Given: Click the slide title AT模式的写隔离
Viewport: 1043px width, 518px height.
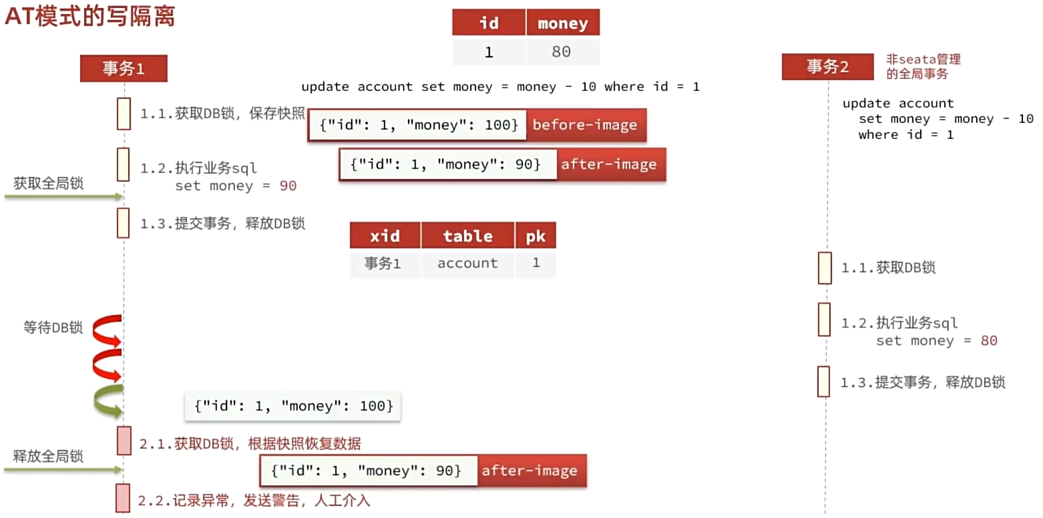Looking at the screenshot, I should point(89,16).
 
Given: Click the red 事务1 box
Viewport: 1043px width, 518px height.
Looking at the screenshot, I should point(124,68).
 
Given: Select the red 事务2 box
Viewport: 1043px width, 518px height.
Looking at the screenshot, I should point(827,67).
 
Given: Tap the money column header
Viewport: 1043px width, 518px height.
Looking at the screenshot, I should point(562,23).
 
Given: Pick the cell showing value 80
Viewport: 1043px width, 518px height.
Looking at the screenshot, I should point(562,52).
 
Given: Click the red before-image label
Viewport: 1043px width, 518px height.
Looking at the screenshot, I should point(585,125).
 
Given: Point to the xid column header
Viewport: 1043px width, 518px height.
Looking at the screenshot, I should point(385,236).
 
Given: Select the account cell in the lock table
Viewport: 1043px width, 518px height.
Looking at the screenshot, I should point(467,264).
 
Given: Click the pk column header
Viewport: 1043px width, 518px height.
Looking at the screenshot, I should point(536,236).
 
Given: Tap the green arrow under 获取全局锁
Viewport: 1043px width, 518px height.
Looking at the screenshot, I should point(64,197).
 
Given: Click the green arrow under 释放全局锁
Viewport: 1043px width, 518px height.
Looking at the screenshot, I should point(64,471).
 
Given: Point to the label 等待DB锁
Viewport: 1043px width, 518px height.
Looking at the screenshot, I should point(53,328).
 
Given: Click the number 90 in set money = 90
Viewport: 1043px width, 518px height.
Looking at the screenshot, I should point(288,186).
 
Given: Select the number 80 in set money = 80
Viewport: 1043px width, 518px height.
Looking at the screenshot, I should point(989,341).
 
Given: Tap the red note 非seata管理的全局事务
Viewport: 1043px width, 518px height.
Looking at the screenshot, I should point(923,67).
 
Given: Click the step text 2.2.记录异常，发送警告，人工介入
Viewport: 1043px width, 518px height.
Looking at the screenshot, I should point(254,501).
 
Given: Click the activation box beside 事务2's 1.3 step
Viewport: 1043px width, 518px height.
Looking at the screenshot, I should point(824,381).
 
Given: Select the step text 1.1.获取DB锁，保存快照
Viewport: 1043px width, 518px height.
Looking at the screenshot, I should point(222,114).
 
